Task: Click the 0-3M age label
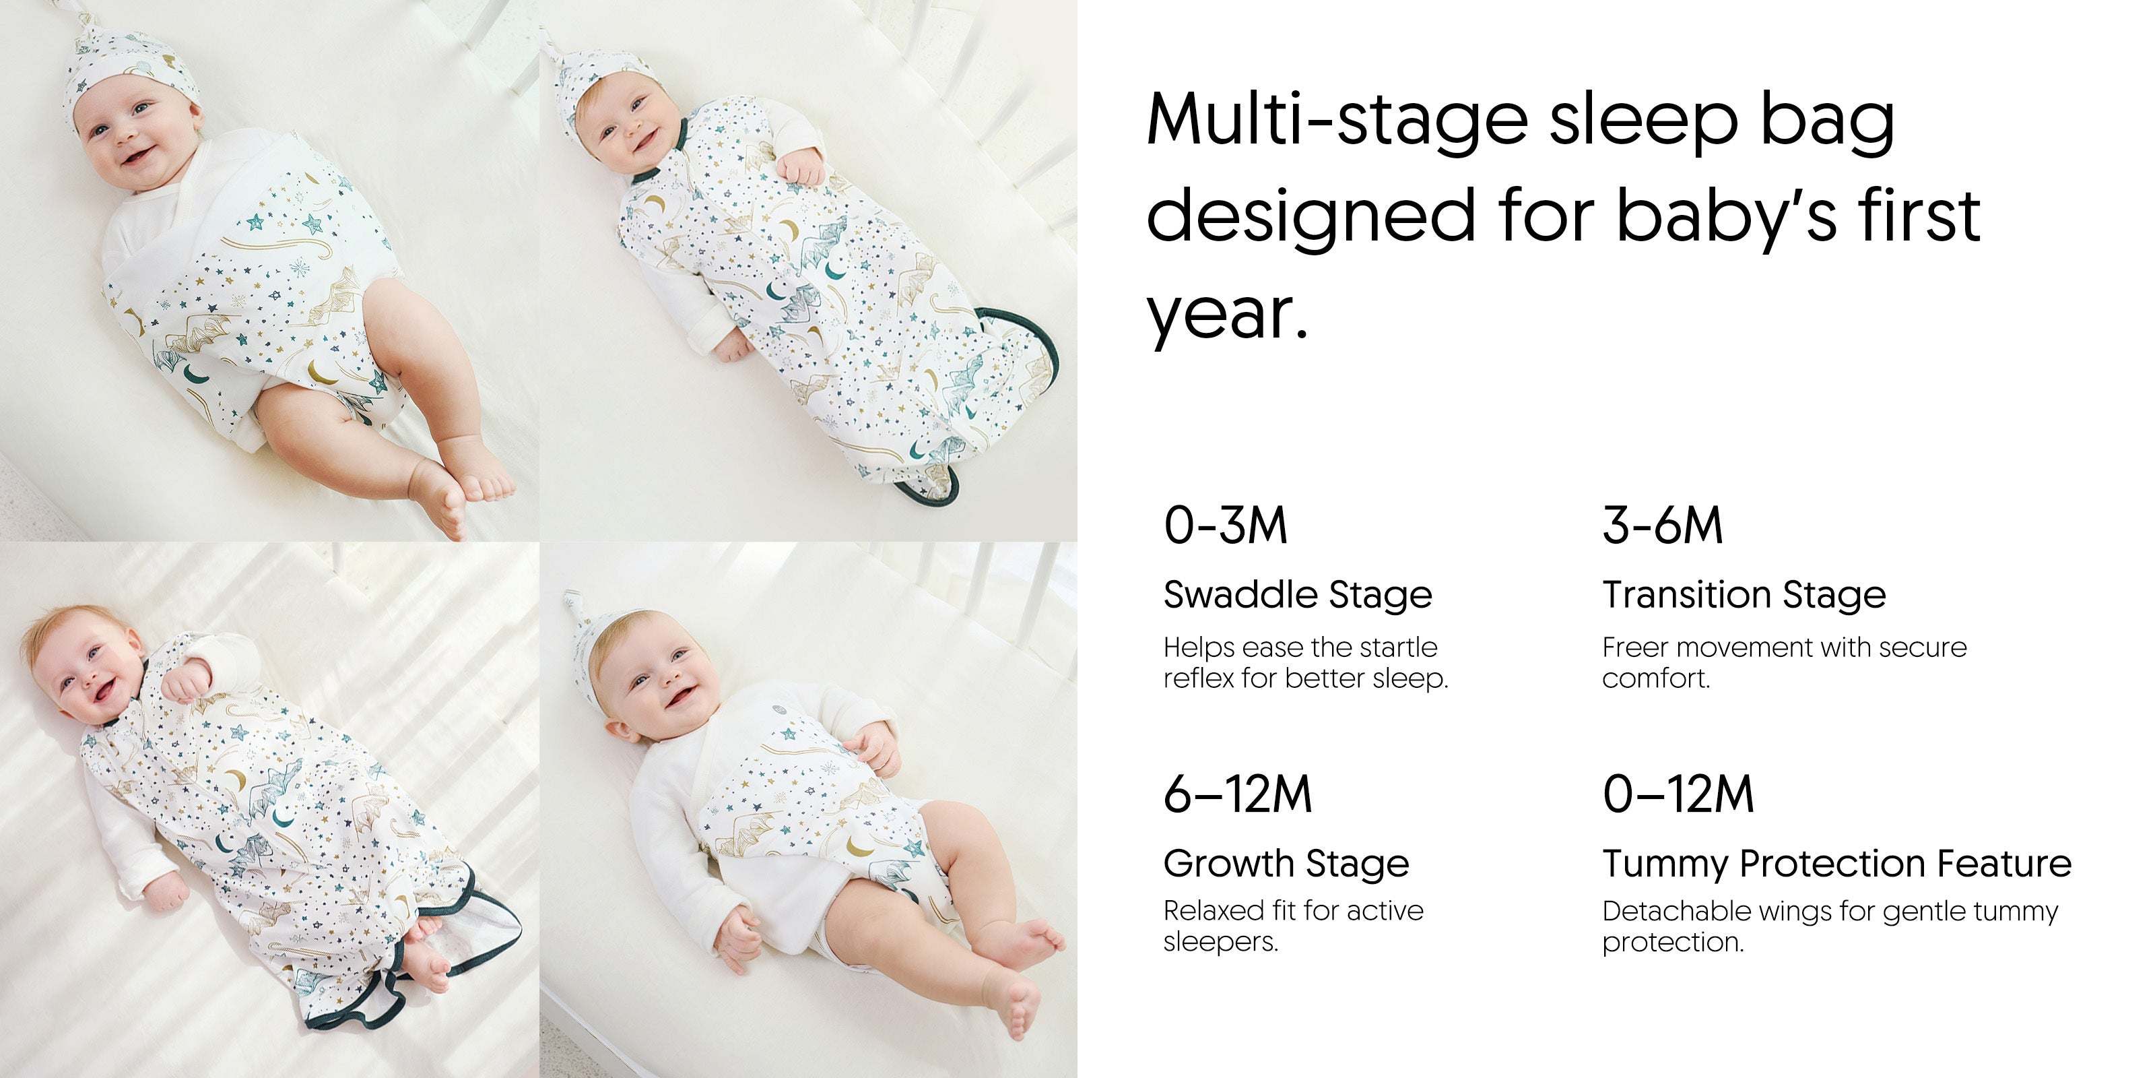(x=1225, y=526)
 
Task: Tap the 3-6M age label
(x=1662, y=526)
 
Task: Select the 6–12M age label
(x=1237, y=794)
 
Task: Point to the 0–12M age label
(x=1678, y=794)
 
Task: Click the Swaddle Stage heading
(x=1298, y=596)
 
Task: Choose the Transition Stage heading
(x=1744, y=596)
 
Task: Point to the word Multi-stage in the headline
(x=1337, y=120)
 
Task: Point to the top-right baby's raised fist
(x=801, y=166)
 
